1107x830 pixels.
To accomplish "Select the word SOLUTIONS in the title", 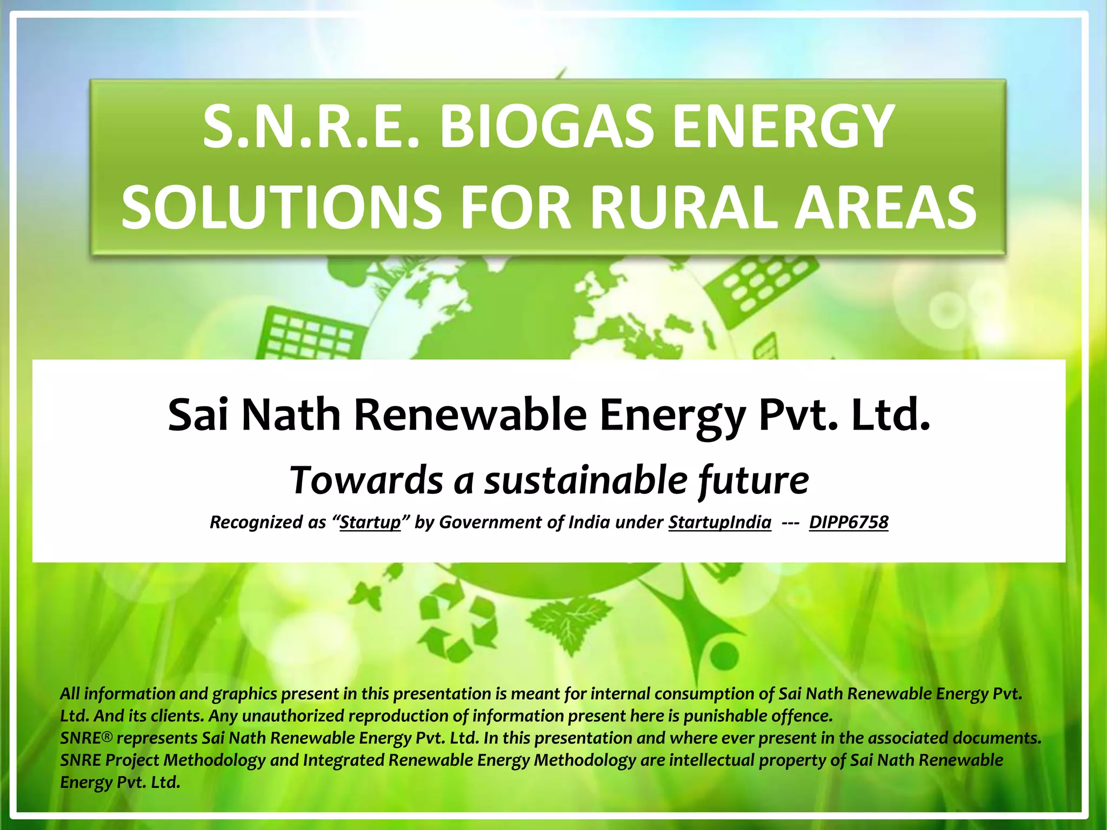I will [x=282, y=206].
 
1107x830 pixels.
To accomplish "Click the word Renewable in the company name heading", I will [x=470, y=415].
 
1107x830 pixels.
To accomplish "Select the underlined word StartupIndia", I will [x=719, y=522].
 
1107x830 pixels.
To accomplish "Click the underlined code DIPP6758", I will [x=849, y=522].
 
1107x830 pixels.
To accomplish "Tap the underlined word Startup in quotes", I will [x=370, y=522].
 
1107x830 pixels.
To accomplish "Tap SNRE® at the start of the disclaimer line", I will [x=86, y=738].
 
